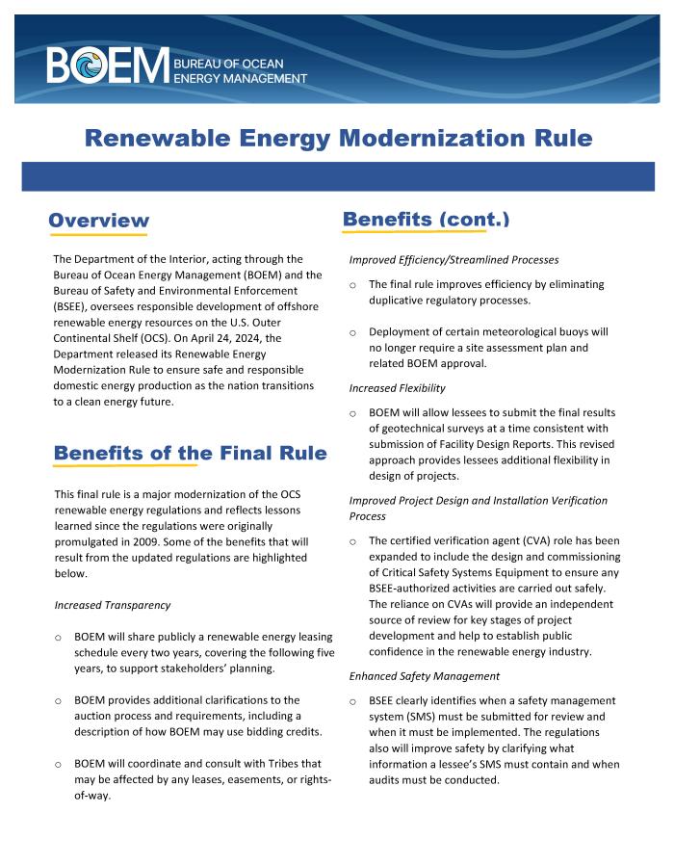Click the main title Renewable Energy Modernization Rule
(x=338, y=138)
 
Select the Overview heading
(x=98, y=221)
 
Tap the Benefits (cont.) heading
(x=426, y=219)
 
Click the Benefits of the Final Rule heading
(x=190, y=452)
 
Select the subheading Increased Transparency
(x=113, y=605)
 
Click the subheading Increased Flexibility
(x=397, y=388)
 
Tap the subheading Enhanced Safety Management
(x=418, y=677)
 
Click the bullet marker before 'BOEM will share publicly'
(x=59, y=638)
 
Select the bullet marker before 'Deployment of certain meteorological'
(x=353, y=332)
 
